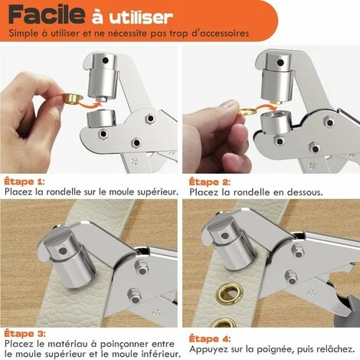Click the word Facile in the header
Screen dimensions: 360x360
[44, 15]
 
